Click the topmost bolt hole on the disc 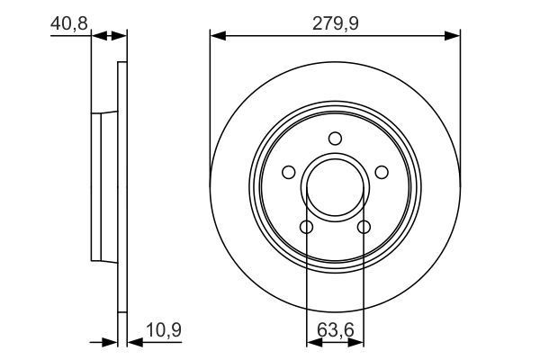click(335, 138)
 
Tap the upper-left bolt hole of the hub click(289, 172)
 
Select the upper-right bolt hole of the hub click(381, 172)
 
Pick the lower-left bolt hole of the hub click(306, 227)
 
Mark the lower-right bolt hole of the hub click(364, 227)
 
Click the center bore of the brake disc click(335, 187)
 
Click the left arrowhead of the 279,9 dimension click(216, 36)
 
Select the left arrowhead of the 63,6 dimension click(312, 342)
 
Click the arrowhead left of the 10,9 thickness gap click(112, 342)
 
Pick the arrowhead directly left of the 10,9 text click(133, 342)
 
